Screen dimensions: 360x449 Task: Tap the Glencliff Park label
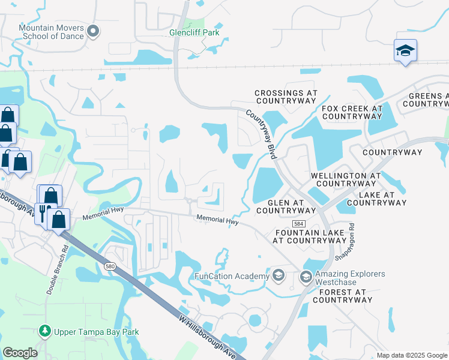click(x=194, y=32)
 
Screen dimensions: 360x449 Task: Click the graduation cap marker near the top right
click(x=405, y=50)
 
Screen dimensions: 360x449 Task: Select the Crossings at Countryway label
click(x=285, y=97)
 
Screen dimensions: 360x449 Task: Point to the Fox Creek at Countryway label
click(x=352, y=112)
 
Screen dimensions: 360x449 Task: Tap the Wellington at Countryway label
click(x=345, y=179)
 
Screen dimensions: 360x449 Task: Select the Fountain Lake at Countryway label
click(x=310, y=236)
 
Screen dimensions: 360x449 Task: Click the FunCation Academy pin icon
click(x=278, y=276)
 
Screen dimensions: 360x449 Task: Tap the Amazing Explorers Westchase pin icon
click(x=306, y=277)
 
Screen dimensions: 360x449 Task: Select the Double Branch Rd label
click(x=57, y=269)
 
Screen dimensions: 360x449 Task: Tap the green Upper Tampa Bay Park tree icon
click(x=44, y=331)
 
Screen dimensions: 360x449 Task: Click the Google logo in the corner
click(x=20, y=353)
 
